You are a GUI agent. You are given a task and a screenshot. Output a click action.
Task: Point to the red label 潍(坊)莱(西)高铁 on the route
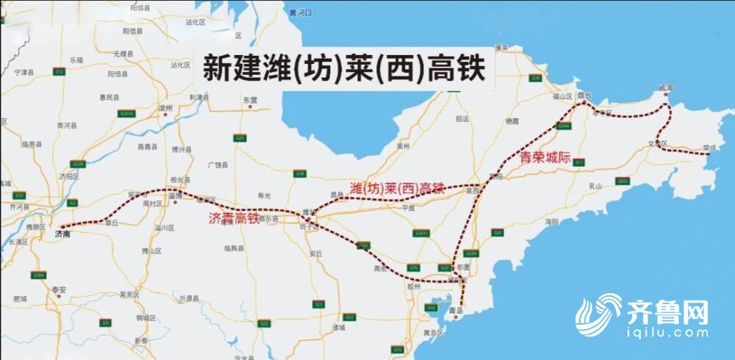(398, 189)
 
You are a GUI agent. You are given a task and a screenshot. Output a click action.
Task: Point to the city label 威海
(665, 88)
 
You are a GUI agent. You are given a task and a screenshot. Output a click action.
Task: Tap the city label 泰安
(59, 289)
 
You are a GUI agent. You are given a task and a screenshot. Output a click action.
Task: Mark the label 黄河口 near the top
(301, 13)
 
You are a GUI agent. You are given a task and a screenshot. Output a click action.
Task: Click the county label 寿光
(265, 195)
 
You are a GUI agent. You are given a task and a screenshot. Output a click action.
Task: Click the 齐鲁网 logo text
(668, 312)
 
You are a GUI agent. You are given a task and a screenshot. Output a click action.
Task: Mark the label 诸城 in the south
(337, 326)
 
